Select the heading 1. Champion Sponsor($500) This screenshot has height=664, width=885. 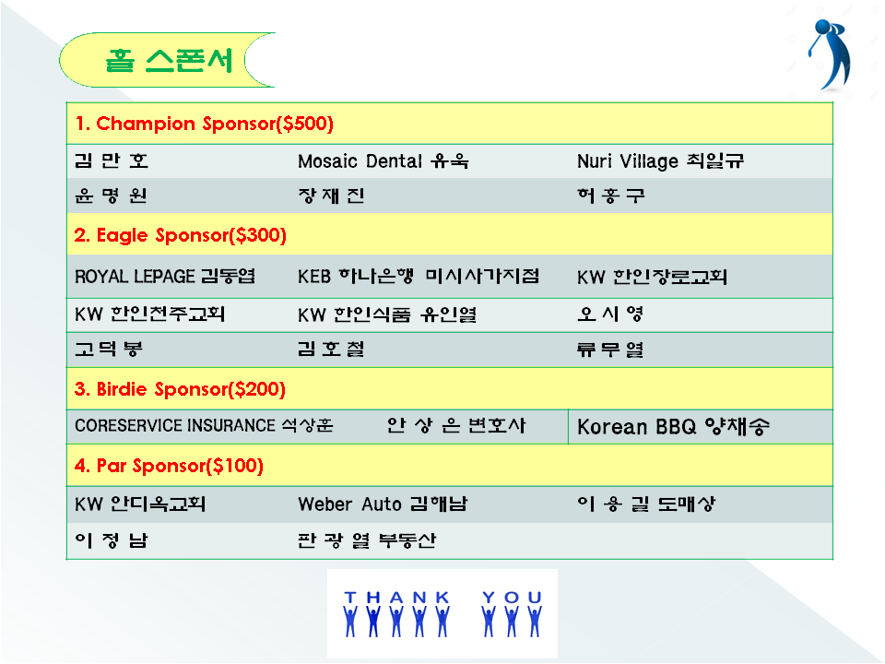coord(205,124)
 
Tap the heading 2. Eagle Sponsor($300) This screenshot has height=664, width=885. coord(181,235)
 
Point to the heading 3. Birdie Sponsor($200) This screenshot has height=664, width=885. coord(180,389)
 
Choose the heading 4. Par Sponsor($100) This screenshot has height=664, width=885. coord(170,466)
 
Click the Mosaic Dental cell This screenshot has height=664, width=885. coord(383,161)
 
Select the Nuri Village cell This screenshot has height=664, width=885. coord(660,161)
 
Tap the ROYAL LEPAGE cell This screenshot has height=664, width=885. coord(165,276)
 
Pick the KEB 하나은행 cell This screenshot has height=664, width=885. coord(419,276)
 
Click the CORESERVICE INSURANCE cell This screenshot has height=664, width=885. coord(204,425)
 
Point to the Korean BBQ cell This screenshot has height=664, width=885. coord(673,427)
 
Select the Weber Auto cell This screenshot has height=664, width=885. coord(383,504)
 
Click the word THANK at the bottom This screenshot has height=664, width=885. coord(396,598)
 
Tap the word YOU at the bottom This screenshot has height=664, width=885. coord(512,598)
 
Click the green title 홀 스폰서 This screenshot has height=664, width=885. coord(169,60)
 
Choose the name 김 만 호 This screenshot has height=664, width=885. coord(112,160)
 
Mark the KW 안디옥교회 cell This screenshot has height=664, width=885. coord(140,504)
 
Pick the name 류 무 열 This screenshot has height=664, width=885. coord(610,350)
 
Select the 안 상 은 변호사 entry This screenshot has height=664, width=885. coord(456,425)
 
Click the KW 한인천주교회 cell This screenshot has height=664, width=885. coord(149,314)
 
